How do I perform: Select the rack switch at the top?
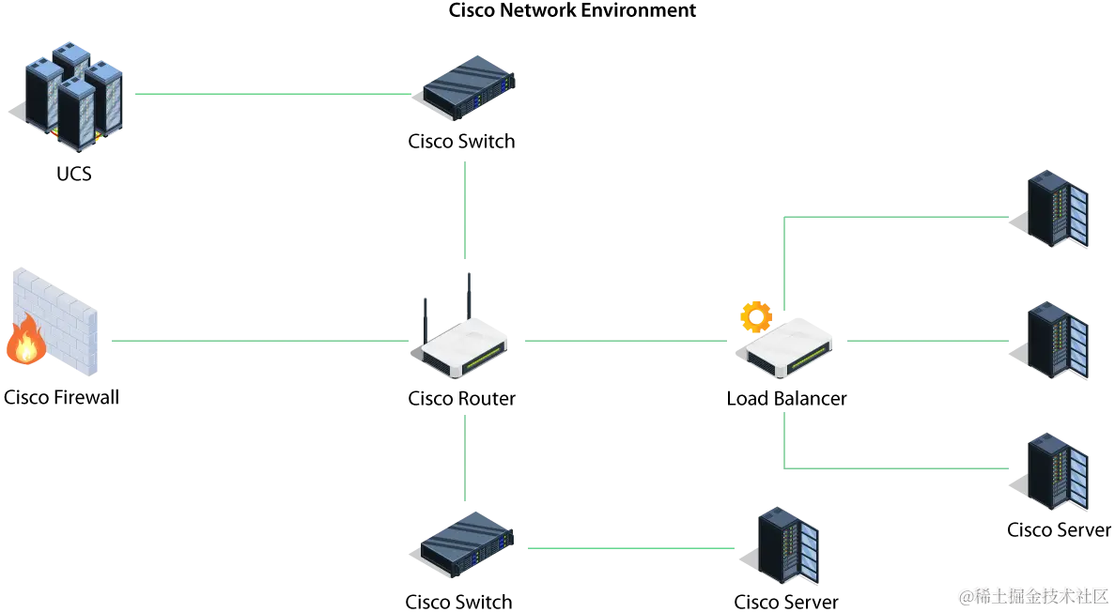click(x=469, y=87)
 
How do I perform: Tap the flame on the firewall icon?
click(x=25, y=341)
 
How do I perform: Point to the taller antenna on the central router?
click(x=469, y=296)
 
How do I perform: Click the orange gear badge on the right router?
click(x=756, y=317)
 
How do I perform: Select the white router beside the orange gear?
click(x=791, y=347)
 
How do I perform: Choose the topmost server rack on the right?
click(x=1055, y=208)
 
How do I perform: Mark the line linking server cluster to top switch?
click(x=272, y=94)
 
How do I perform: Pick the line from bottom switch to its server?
click(x=629, y=547)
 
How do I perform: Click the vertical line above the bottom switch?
click(x=462, y=457)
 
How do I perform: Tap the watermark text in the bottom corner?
click(x=1032, y=595)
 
